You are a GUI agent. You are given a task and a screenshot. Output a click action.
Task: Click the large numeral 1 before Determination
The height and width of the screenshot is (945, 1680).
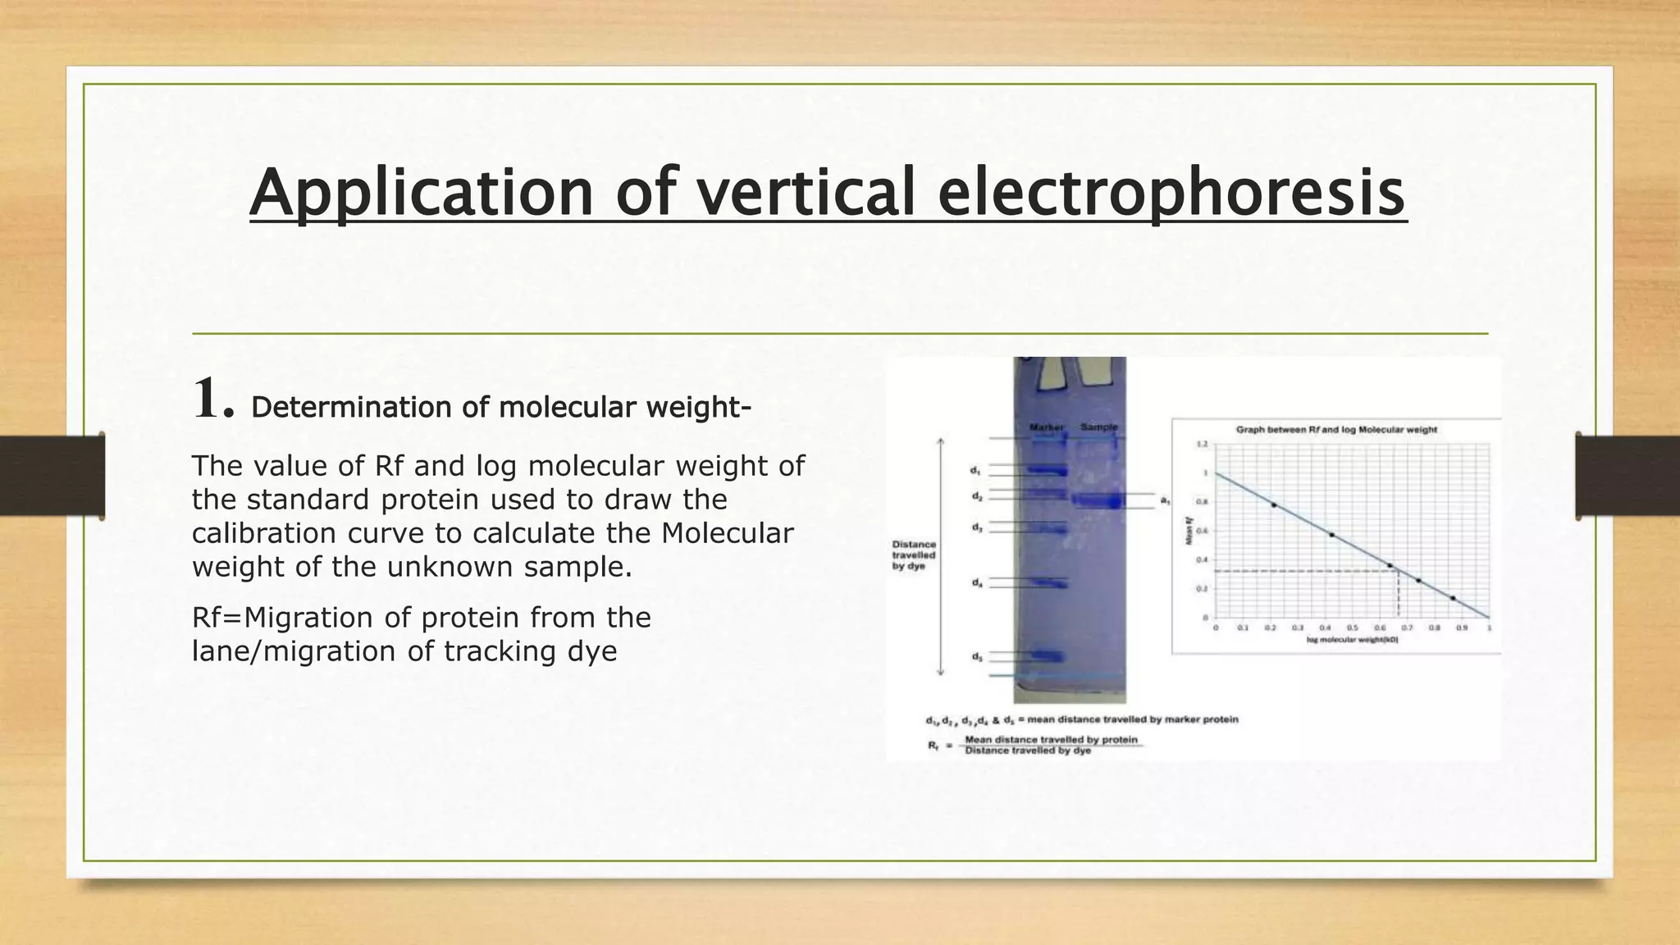coord(212,399)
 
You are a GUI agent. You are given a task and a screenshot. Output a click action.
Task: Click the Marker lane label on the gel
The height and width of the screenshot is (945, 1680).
coord(1046,427)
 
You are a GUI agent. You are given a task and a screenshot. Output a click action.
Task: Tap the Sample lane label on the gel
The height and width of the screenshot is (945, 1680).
coord(1098,427)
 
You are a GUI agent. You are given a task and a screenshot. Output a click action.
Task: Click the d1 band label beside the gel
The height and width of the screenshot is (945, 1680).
coord(975,471)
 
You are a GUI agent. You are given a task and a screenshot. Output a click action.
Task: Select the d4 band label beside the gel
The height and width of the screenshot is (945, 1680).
coord(976,582)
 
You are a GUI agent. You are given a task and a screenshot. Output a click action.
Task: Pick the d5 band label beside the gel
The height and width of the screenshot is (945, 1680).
coord(976,656)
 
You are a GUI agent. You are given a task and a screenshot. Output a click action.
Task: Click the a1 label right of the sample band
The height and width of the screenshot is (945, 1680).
coord(1165,500)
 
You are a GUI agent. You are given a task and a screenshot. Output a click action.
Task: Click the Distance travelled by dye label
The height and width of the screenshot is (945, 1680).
coord(914,555)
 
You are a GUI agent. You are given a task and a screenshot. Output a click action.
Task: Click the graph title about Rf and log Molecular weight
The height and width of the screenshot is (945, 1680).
coord(1336,430)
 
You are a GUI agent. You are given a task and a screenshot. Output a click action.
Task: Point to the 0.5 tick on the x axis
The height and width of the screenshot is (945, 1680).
coord(1353,628)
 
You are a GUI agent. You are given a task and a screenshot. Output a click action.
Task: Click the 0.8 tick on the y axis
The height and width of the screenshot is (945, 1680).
coord(1205,502)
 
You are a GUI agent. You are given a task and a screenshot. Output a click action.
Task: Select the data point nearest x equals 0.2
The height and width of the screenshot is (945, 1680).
coord(1273,504)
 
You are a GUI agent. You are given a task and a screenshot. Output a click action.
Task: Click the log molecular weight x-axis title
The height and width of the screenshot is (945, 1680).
coord(1352,640)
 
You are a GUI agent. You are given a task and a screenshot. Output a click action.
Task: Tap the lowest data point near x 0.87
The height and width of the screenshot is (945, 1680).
coord(1453,598)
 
